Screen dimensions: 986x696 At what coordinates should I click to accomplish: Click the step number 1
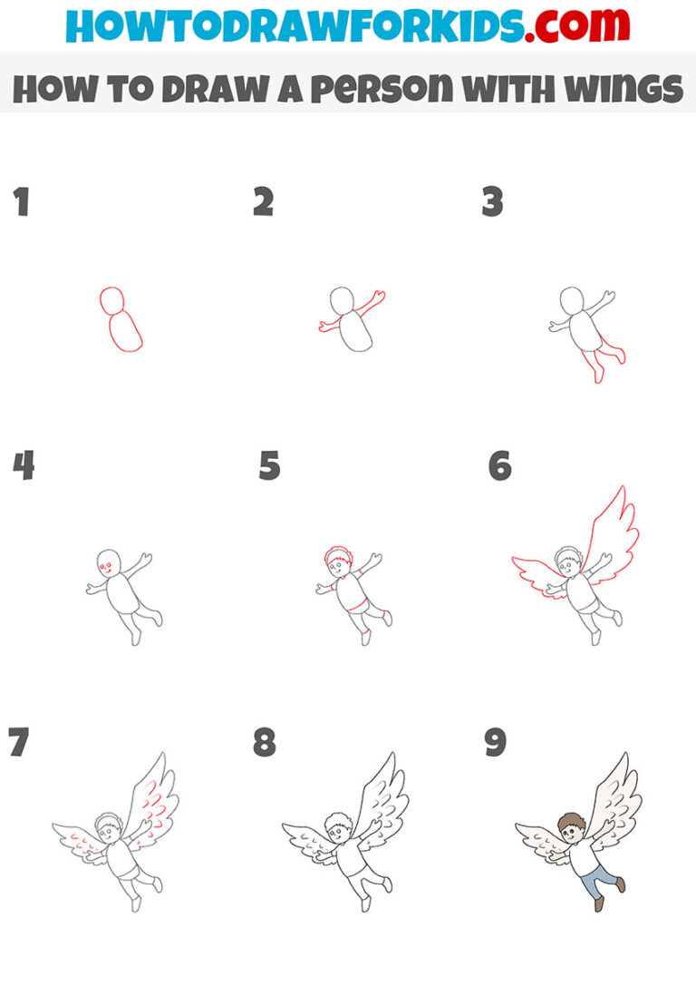pyautogui.click(x=21, y=202)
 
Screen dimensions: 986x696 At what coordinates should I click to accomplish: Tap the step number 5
pyautogui.click(x=269, y=466)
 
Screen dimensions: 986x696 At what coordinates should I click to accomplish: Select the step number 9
pyautogui.click(x=495, y=742)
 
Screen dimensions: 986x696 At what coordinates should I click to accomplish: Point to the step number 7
pyautogui.click(x=17, y=742)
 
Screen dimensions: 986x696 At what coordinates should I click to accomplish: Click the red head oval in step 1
pyautogui.click(x=111, y=300)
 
